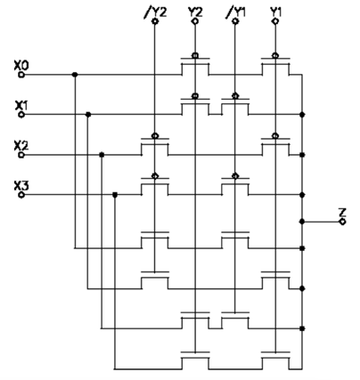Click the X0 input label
[x=22, y=64]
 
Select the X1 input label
[x=22, y=104]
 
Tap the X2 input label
[x=22, y=144]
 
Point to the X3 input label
[x=22, y=184]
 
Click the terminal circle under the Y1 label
[x=274, y=20]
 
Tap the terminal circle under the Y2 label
[x=194, y=20]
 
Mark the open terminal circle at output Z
[x=342, y=222]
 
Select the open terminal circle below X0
[x=21, y=75]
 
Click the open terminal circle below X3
[x=21, y=195]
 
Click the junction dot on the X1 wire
[x=87, y=115]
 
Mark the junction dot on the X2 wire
[x=102, y=155]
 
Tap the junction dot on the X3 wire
[x=115, y=195]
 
